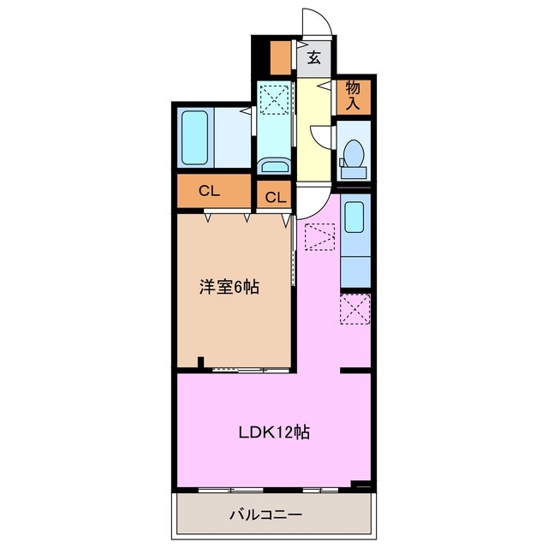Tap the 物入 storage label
click(x=353, y=95)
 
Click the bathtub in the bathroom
click(x=195, y=138)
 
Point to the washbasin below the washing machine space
click(x=274, y=166)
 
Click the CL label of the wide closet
click(x=210, y=191)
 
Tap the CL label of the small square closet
click(x=274, y=197)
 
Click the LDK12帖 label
click(x=273, y=432)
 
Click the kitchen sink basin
click(x=354, y=217)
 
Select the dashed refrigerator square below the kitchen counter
click(x=354, y=309)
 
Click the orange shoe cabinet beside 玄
click(x=280, y=57)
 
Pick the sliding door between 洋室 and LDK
click(x=248, y=370)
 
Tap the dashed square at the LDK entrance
click(x=320, y=235)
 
